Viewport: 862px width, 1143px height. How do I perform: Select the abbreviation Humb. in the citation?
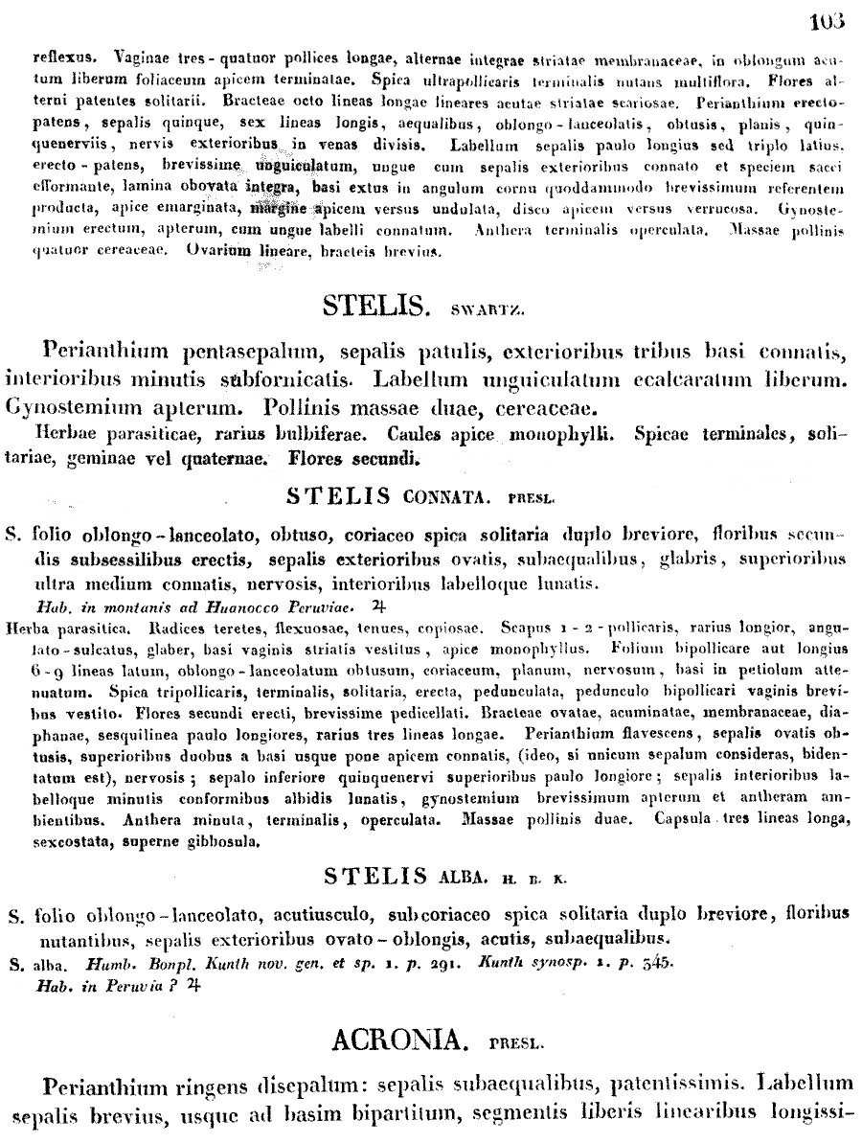pos(108,964)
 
